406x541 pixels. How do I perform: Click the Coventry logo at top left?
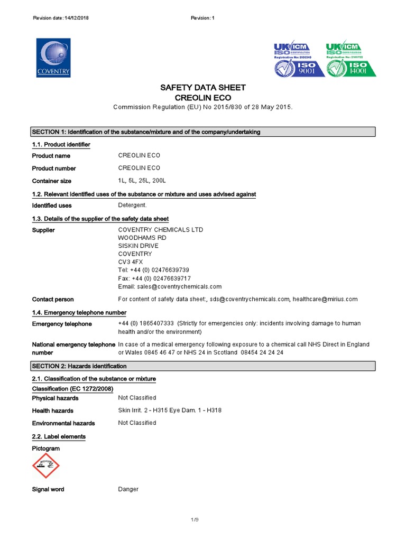point(53,58)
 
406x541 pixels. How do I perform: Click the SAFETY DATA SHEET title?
point(203,88)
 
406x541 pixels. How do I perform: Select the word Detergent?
point(132,205)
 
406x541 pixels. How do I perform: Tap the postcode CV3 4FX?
point(130,262)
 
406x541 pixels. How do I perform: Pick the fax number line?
point(154,278)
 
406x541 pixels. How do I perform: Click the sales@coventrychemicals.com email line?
point(170,286)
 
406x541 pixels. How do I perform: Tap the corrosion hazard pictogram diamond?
point(46,465)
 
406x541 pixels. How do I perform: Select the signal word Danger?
point(128,489)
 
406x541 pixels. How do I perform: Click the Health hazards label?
point(52,411)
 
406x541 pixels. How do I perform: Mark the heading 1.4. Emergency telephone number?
point(79,313)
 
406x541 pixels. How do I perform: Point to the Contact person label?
point(53,299)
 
